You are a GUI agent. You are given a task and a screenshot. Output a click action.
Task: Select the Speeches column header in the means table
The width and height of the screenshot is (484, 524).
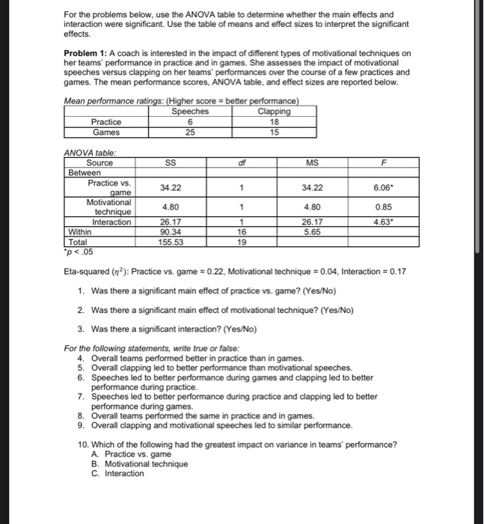pyautogui.click(x=190, y=112)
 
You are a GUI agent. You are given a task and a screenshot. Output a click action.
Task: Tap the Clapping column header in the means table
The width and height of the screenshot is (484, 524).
pyautogui.click(x=274, y=112)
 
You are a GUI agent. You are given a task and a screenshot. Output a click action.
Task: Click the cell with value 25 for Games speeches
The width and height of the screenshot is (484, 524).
pyautogui.click(x=190, y=132)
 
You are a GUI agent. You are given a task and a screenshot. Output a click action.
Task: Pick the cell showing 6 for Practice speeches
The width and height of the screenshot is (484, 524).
pyautogui.click(x=190, y=122)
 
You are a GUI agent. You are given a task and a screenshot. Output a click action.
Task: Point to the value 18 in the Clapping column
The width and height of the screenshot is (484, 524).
pyautogui.click(x=274, y=122)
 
